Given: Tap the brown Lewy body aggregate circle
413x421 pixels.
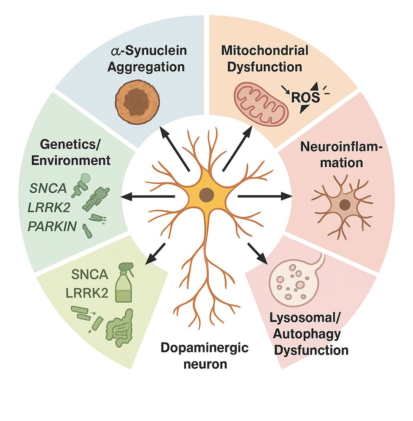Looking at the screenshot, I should click(135, 99).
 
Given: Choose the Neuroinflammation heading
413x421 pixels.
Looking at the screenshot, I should click(332, 155).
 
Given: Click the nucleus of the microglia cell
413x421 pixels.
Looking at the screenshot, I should click(345, 205).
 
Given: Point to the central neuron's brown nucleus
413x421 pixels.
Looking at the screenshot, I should click(206, 195).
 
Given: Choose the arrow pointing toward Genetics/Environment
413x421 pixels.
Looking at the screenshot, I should click(148, 196).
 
